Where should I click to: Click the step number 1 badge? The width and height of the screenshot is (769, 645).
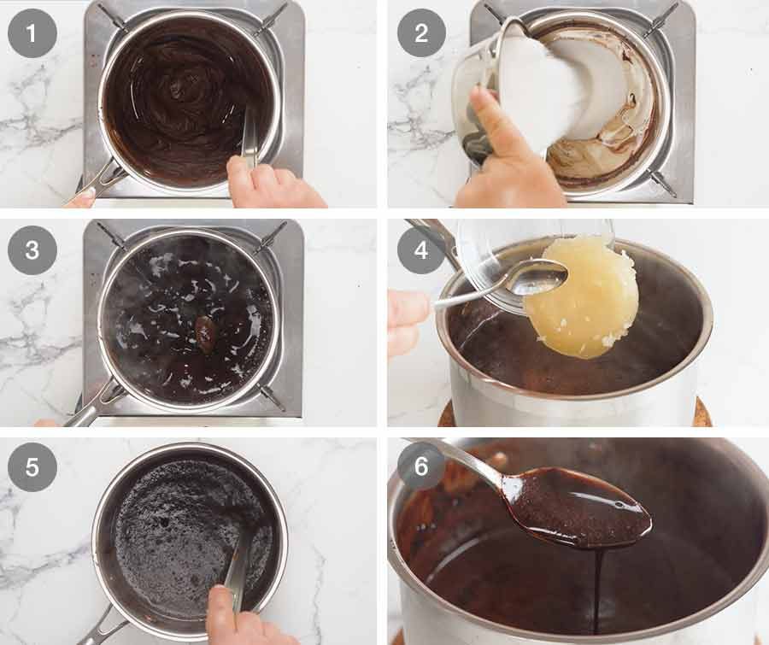click(32, 33)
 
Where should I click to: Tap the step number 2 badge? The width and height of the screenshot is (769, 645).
click(421, 33)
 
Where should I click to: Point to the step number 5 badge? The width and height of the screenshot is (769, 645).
click(32, 467)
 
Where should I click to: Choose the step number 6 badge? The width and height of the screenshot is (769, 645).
click(421, 467)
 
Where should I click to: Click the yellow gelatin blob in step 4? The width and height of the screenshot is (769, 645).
click(581, 295)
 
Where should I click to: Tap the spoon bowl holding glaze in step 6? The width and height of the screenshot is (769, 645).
click(581, 508)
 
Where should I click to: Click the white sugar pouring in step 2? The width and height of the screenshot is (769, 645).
click(547, 85)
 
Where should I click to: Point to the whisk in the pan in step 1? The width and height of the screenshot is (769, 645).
click(249, 137)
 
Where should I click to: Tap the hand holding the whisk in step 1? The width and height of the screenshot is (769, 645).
click(273, 184)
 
